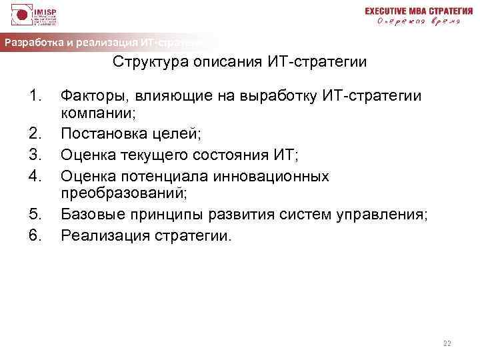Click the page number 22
(x=447, y=344)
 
